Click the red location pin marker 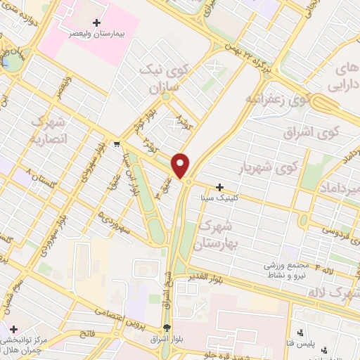[181, 165]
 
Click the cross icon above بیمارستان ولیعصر [96, 22]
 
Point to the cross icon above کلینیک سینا [220, 188]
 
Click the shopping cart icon [106, 141]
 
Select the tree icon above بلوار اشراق [167, 328]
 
